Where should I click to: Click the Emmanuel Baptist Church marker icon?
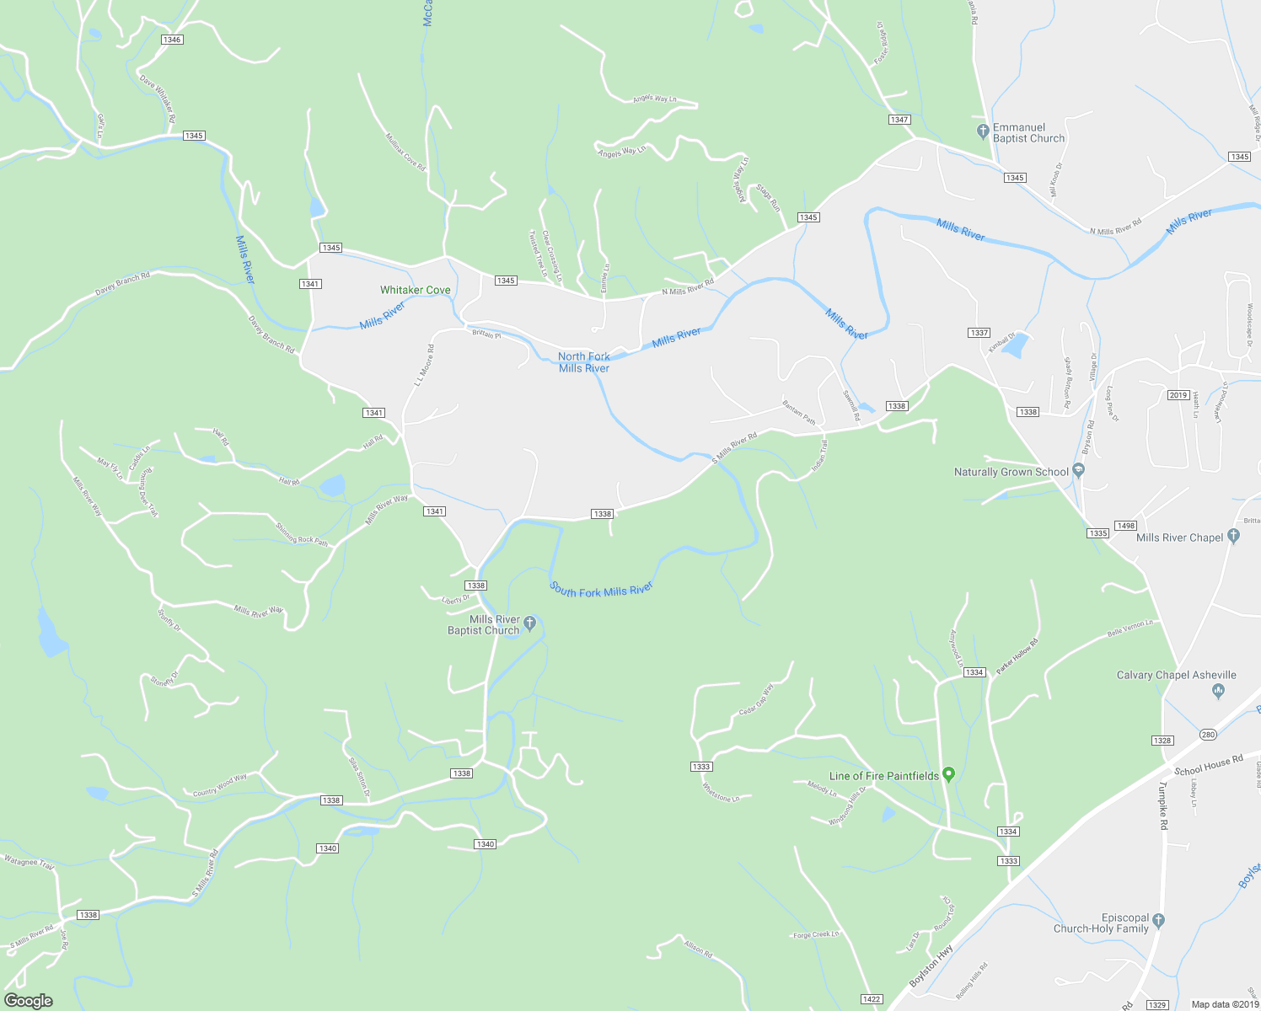point(982,131)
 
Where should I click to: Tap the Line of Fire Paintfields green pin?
point(948,774)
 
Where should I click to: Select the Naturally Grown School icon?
point(1079,472)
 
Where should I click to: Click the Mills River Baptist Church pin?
point(530,623)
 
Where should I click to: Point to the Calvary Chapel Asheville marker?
point(1218,691)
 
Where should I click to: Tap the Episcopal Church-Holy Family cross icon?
point(1159,920)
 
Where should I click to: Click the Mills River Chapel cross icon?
point(1234,536)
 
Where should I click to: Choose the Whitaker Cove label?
point(415,290)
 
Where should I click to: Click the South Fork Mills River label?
point(601,590)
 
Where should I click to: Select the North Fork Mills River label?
point(584,362)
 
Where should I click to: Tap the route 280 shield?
point(1208,735)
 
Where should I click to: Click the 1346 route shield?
point(172,40)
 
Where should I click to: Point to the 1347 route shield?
point(899,120)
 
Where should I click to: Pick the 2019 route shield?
point(1178,395)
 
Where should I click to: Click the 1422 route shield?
point(872,999)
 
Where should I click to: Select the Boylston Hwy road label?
point(931,966)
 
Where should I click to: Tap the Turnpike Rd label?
point(1162,806)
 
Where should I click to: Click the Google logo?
point(29,1001)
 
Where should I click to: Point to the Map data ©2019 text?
point(1225,1004)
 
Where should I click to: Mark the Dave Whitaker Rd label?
point(158,99)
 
